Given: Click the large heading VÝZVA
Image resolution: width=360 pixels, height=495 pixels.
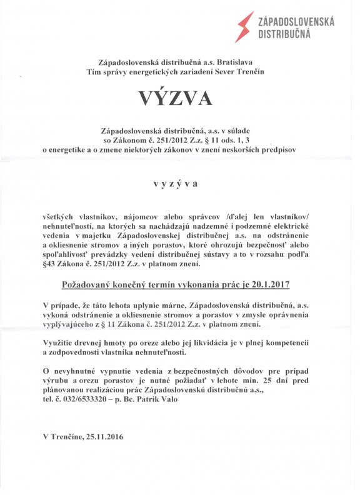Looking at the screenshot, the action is pos(179,98).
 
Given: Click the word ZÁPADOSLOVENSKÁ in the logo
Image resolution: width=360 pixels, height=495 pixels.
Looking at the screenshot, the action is pos(296,22).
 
